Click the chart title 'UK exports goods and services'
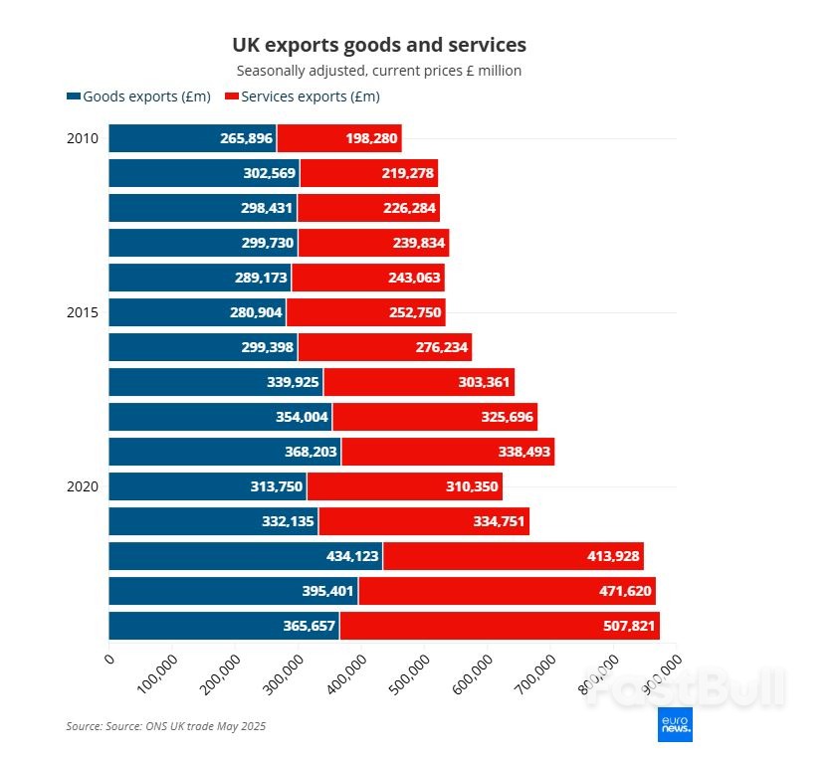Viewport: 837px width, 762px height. pyautogui.click(x=379, y=45)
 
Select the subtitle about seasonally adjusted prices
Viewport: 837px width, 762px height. pyautogui.click(x=379, y=71)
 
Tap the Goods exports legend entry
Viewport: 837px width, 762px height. pyautogui.click(x=138, y=96)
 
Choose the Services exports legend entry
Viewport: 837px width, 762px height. pyautogui.click(x=304, y=96)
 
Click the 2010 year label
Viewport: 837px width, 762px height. pyautogui.click(x=82, y=138)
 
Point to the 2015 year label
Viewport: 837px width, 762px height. pyautogui.click(x=82, y=312)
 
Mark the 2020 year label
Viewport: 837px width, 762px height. pyautogui.click(x=82, y=486)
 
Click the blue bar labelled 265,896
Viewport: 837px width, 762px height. pyautogui.click(x=192, y=138)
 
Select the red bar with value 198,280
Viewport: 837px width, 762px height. pyautogui.click(x=339, y=138)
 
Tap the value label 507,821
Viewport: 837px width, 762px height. pyautogui.click(x=621, y=626)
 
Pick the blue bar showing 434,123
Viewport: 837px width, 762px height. pyautogui.click(x=245, y=556)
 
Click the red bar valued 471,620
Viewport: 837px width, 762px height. pyautogui.click(x=507, y=591)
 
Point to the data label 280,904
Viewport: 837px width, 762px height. pyautogui.click(x=249, y=312)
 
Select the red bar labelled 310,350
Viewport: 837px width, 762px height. pyautogui.click(x=404, y=486)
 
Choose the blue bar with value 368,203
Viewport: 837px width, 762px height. pyautogui.click(x=224, y=452)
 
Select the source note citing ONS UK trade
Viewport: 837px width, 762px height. pyautogui.click(x=166, y=726)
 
